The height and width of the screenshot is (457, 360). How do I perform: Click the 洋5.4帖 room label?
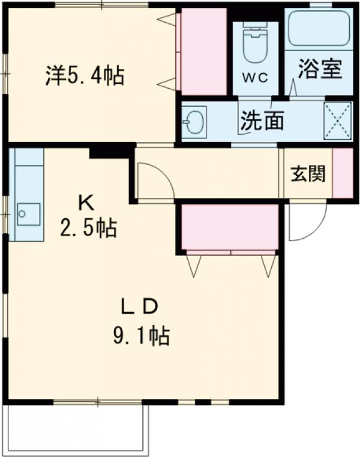pos(84,76)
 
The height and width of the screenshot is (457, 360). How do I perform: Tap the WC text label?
pos(256,78)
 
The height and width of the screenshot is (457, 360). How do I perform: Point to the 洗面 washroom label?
pos(262,121)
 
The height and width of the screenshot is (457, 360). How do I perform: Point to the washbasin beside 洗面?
pos(194,122)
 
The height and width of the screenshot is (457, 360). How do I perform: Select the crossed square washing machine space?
pos(337,122)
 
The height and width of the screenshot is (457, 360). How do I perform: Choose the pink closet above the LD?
pos(230,227)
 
